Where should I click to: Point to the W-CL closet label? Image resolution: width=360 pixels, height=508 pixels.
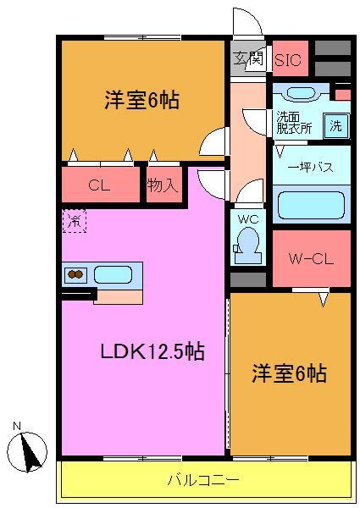(310, 258)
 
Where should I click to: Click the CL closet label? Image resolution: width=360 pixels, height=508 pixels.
(100, 185)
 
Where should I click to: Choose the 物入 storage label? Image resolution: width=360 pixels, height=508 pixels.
(162, 185)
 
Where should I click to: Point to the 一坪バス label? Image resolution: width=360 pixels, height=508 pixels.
(310, 167)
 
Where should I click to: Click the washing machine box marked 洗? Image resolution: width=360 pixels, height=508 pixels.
(336, 125)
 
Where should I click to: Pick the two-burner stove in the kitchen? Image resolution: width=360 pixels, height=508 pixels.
(75, 274)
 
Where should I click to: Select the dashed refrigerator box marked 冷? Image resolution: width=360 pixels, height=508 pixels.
(74, 222)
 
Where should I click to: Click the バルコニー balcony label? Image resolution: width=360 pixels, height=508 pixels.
(202, 480)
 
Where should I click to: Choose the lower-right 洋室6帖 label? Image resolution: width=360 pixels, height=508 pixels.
(290, 373)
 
